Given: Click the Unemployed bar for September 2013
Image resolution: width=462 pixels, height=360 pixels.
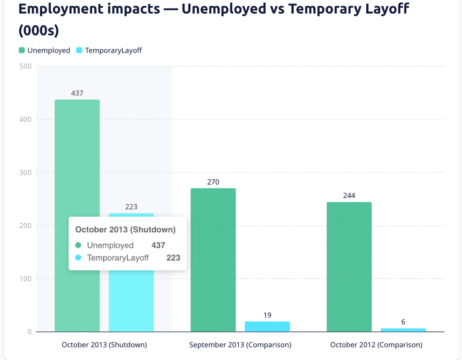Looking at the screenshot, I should (x=213, y=260).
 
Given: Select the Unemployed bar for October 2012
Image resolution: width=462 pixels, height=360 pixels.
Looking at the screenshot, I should (x=349, y=267).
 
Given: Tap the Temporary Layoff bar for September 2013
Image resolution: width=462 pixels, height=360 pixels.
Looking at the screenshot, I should (x=267, y=327).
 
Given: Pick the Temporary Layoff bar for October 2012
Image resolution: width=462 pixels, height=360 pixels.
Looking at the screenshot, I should (x=403, y=330).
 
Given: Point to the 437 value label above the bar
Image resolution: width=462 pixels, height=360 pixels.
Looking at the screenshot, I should (x=77, y=93).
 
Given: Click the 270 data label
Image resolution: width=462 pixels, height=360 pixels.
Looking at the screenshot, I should (x=213, y=182).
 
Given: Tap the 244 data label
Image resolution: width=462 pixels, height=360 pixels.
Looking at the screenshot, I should (x=349, y=196).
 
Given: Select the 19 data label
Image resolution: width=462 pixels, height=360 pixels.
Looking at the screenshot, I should (x=267, y=316).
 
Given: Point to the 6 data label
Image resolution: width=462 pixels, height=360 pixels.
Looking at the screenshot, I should (x=403, y=322).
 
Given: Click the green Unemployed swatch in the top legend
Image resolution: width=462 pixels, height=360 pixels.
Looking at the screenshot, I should (x=22, y=50).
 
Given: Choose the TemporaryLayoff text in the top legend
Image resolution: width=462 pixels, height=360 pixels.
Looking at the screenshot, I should (x=113, y=50).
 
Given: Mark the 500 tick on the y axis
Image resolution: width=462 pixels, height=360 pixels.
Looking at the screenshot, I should (x=26, y=66).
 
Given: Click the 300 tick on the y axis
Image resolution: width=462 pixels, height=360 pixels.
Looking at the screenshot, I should (x=26, y=173).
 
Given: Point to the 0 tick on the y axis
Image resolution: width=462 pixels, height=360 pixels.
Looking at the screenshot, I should (x=29, y=332).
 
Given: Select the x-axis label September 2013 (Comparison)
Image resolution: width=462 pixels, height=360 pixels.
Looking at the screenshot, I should (x=240, y=345).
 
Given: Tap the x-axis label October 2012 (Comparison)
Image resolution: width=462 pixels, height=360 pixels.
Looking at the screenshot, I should (x=376, y=345).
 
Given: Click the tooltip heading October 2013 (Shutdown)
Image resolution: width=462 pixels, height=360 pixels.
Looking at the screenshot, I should (x=125, y=230).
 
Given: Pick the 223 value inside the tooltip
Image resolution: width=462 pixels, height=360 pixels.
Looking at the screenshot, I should (x=173, y=258).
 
